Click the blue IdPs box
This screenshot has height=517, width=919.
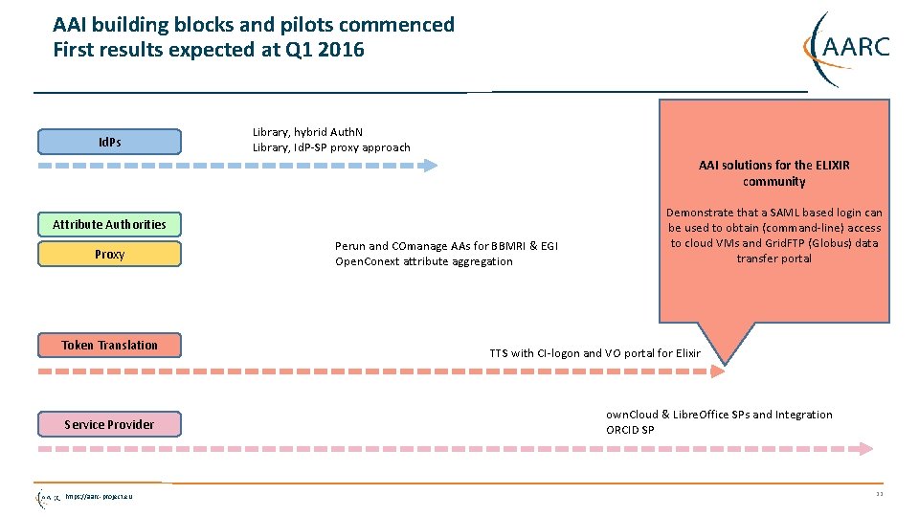pos(109,142)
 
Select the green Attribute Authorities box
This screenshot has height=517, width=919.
pos(109,224)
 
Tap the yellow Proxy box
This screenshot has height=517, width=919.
pos(109,254)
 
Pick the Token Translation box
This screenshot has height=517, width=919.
pos(109,345)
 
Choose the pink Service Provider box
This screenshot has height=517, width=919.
pos(109,424)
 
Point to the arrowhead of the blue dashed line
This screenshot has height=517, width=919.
pos(430,165)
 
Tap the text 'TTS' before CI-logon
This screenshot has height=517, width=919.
pos(499,353)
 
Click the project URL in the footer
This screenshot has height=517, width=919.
pos(100,496)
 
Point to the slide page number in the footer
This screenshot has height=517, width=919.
pos(879,494)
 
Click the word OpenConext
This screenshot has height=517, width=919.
pos(368,261)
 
